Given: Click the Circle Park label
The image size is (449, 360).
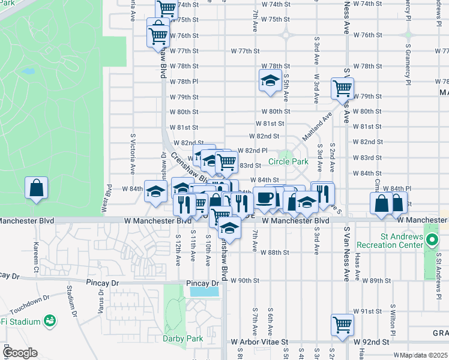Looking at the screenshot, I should pyautogui.click(x=288, y=161).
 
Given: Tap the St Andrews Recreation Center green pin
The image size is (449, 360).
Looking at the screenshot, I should pyautogui.click(x=432, y=241).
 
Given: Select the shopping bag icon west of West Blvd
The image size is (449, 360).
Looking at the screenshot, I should pyautogui.click(x=37, y=187).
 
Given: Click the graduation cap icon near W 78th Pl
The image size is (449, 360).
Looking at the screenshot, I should pyautogui.click(x=270, y=80).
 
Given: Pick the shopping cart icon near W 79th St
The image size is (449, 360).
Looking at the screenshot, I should pyautogui.click(x=342, y=89).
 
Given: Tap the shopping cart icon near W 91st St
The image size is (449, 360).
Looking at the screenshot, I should pyautogui.click(x=342, y=325).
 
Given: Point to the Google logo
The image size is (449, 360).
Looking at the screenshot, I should pyautogui.click(x=19, y=352).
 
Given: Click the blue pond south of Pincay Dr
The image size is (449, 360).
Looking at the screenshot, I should pyautogui.click(x=205, y=292).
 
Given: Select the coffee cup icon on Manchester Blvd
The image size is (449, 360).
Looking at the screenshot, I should pyautogui.click(x=264, y=198).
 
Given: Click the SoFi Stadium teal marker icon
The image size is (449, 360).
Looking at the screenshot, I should pyautogui.click(x=49, y=322).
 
